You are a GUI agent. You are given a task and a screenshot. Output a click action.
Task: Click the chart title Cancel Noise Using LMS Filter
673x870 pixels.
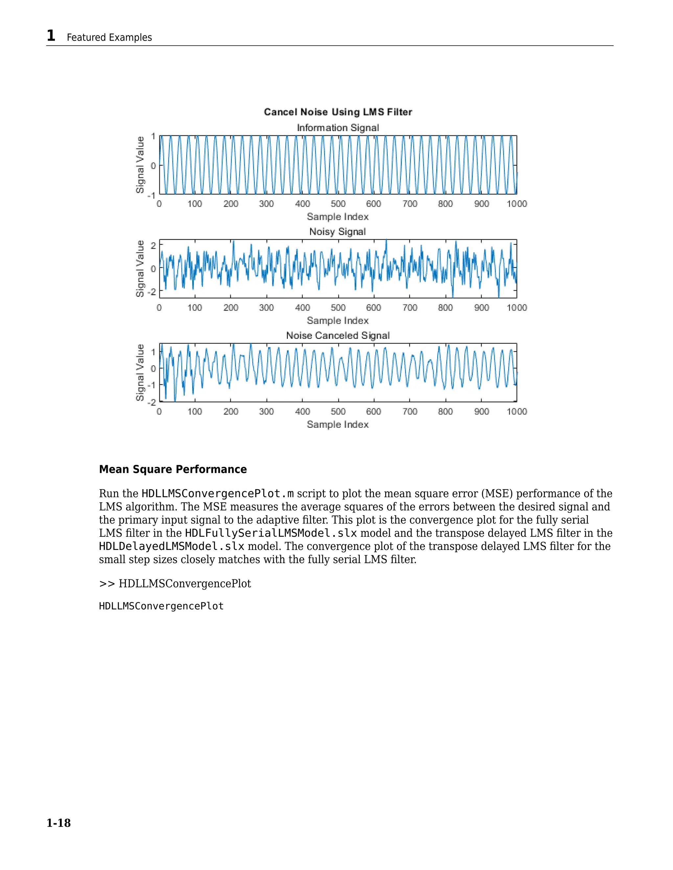coord(338,112)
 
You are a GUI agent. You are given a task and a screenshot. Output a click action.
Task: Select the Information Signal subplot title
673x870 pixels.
coord(338,128)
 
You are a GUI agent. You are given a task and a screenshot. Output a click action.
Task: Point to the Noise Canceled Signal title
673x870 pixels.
coord(338,336)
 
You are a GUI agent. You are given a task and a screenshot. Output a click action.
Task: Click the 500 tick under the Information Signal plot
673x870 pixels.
coord(338,204)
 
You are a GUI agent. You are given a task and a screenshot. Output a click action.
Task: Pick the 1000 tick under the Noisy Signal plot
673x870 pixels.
coord(517,308)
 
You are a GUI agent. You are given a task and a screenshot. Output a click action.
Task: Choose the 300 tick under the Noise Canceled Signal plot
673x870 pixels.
coord(266,412)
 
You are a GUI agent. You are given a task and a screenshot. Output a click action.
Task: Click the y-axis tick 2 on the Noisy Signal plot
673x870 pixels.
coord(153,246)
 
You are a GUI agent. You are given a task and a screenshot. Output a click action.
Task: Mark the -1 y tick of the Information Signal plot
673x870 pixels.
coord(151,196)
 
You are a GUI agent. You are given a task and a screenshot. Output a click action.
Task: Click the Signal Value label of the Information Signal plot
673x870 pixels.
coord(140,165)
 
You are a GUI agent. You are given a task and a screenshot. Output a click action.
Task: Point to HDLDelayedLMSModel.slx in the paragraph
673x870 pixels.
coord(172,546)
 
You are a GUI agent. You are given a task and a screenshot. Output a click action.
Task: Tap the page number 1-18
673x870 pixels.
coord(58,823)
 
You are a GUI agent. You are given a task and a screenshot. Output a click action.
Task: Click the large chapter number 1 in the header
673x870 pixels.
coord(51,36)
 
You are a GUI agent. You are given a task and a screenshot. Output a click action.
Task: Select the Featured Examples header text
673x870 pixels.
coord(109,37)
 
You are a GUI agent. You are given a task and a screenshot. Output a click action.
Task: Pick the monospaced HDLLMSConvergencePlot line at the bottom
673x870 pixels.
coord(161,606)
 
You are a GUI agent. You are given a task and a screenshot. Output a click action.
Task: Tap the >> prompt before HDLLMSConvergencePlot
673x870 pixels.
coord(107,584)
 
